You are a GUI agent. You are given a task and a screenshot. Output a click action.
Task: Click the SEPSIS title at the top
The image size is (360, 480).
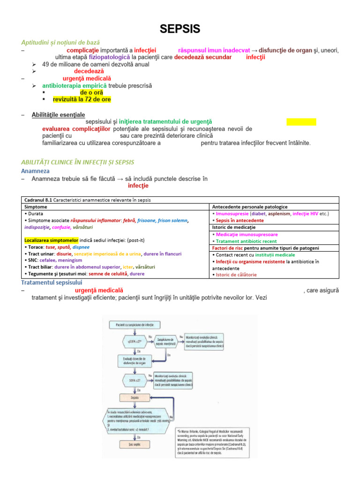click(x=180, y=29)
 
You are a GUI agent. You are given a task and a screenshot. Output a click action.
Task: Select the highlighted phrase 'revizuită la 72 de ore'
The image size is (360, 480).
click(x=82, y=99)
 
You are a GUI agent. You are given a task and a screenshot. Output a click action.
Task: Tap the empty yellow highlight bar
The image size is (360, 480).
click(x=301, y=122)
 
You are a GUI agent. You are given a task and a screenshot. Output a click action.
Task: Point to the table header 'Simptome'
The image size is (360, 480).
click(x=36, y=207)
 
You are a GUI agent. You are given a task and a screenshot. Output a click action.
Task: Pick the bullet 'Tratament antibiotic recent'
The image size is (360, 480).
click(x=246, y=241)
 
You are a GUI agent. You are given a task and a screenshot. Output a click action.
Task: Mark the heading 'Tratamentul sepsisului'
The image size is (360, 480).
click(x=52, y=283)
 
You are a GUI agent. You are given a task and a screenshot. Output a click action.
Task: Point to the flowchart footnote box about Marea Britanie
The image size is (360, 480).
click(x=213, y=441)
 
